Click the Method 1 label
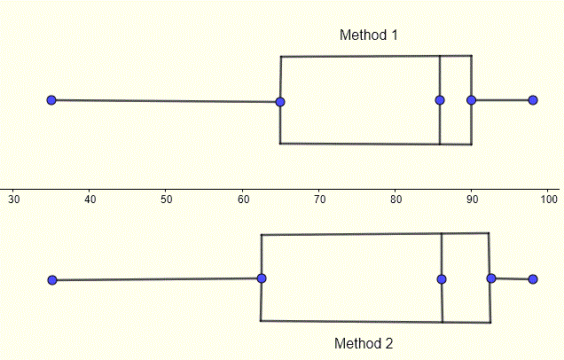(x=369, y=35)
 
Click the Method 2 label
(x=364, y=343)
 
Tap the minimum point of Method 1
(x=51, y=100)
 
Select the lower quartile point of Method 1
(x=280, y=101)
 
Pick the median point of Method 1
(x=440, y=100)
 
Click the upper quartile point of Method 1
(x=471, y=100)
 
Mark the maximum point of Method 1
(x=532, y=100)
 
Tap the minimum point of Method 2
(x=52, y=280)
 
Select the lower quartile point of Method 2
(x=261, y=278)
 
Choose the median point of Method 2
(x=442, y=279)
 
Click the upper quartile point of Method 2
(x=491, y=278)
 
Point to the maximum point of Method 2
(x=533, y=279)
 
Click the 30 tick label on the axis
(x=14, y=201)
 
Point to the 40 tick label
(x=90, y=201)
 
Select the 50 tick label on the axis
(x=167, y=201)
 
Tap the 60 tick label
(x=243, y=201)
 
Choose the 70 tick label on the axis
(x=319, y=201)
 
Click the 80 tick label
(x=396, y=201)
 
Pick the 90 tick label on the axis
(x=472, y=201)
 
